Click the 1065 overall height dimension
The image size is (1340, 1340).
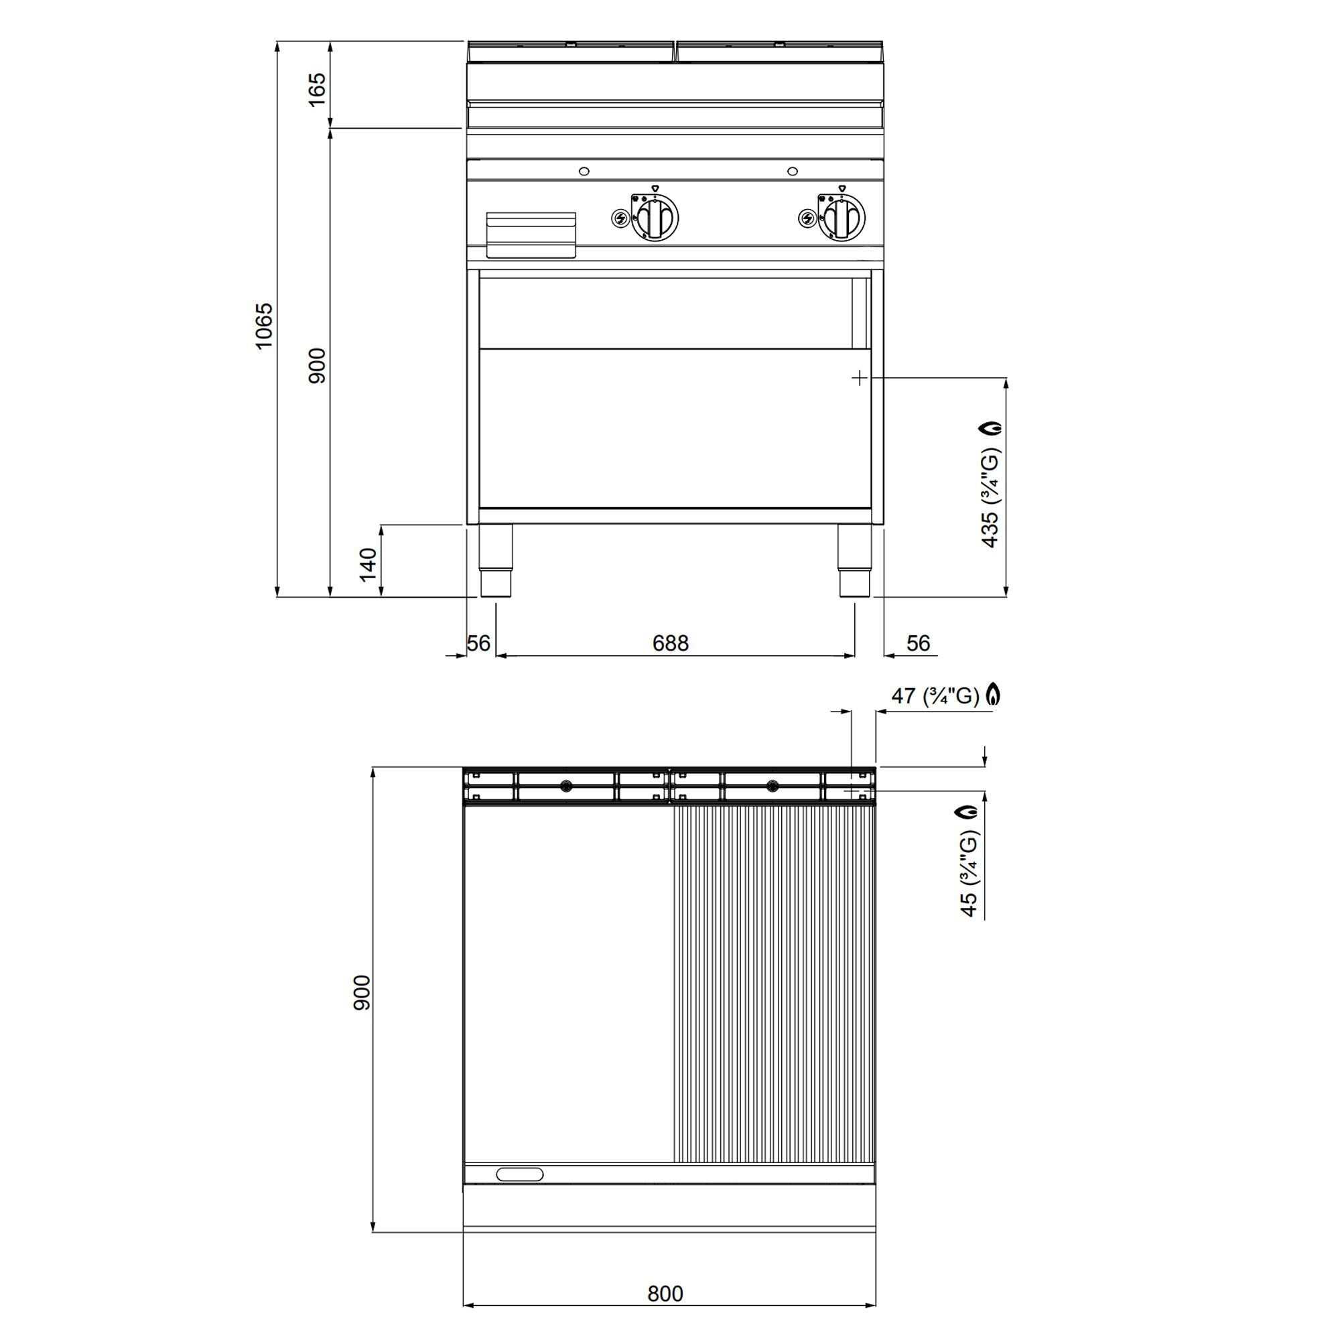point(264,326)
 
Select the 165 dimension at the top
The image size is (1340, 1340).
point(316,89)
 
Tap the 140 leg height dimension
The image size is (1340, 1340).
point(368,564)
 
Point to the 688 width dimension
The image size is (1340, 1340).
point(670,644)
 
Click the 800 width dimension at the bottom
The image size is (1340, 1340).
point(665,1294)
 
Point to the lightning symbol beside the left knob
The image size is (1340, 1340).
point(620,219)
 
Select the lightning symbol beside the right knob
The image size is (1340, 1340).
point(807,219)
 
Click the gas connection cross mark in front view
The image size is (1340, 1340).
point(860,378)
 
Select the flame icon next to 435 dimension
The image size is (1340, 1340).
point(992,427)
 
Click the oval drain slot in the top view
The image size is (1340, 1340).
point(520,1175)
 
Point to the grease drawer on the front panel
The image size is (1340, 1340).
point(531,234)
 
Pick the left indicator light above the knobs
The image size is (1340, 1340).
point(584,172)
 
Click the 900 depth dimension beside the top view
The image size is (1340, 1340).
point(362,992)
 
